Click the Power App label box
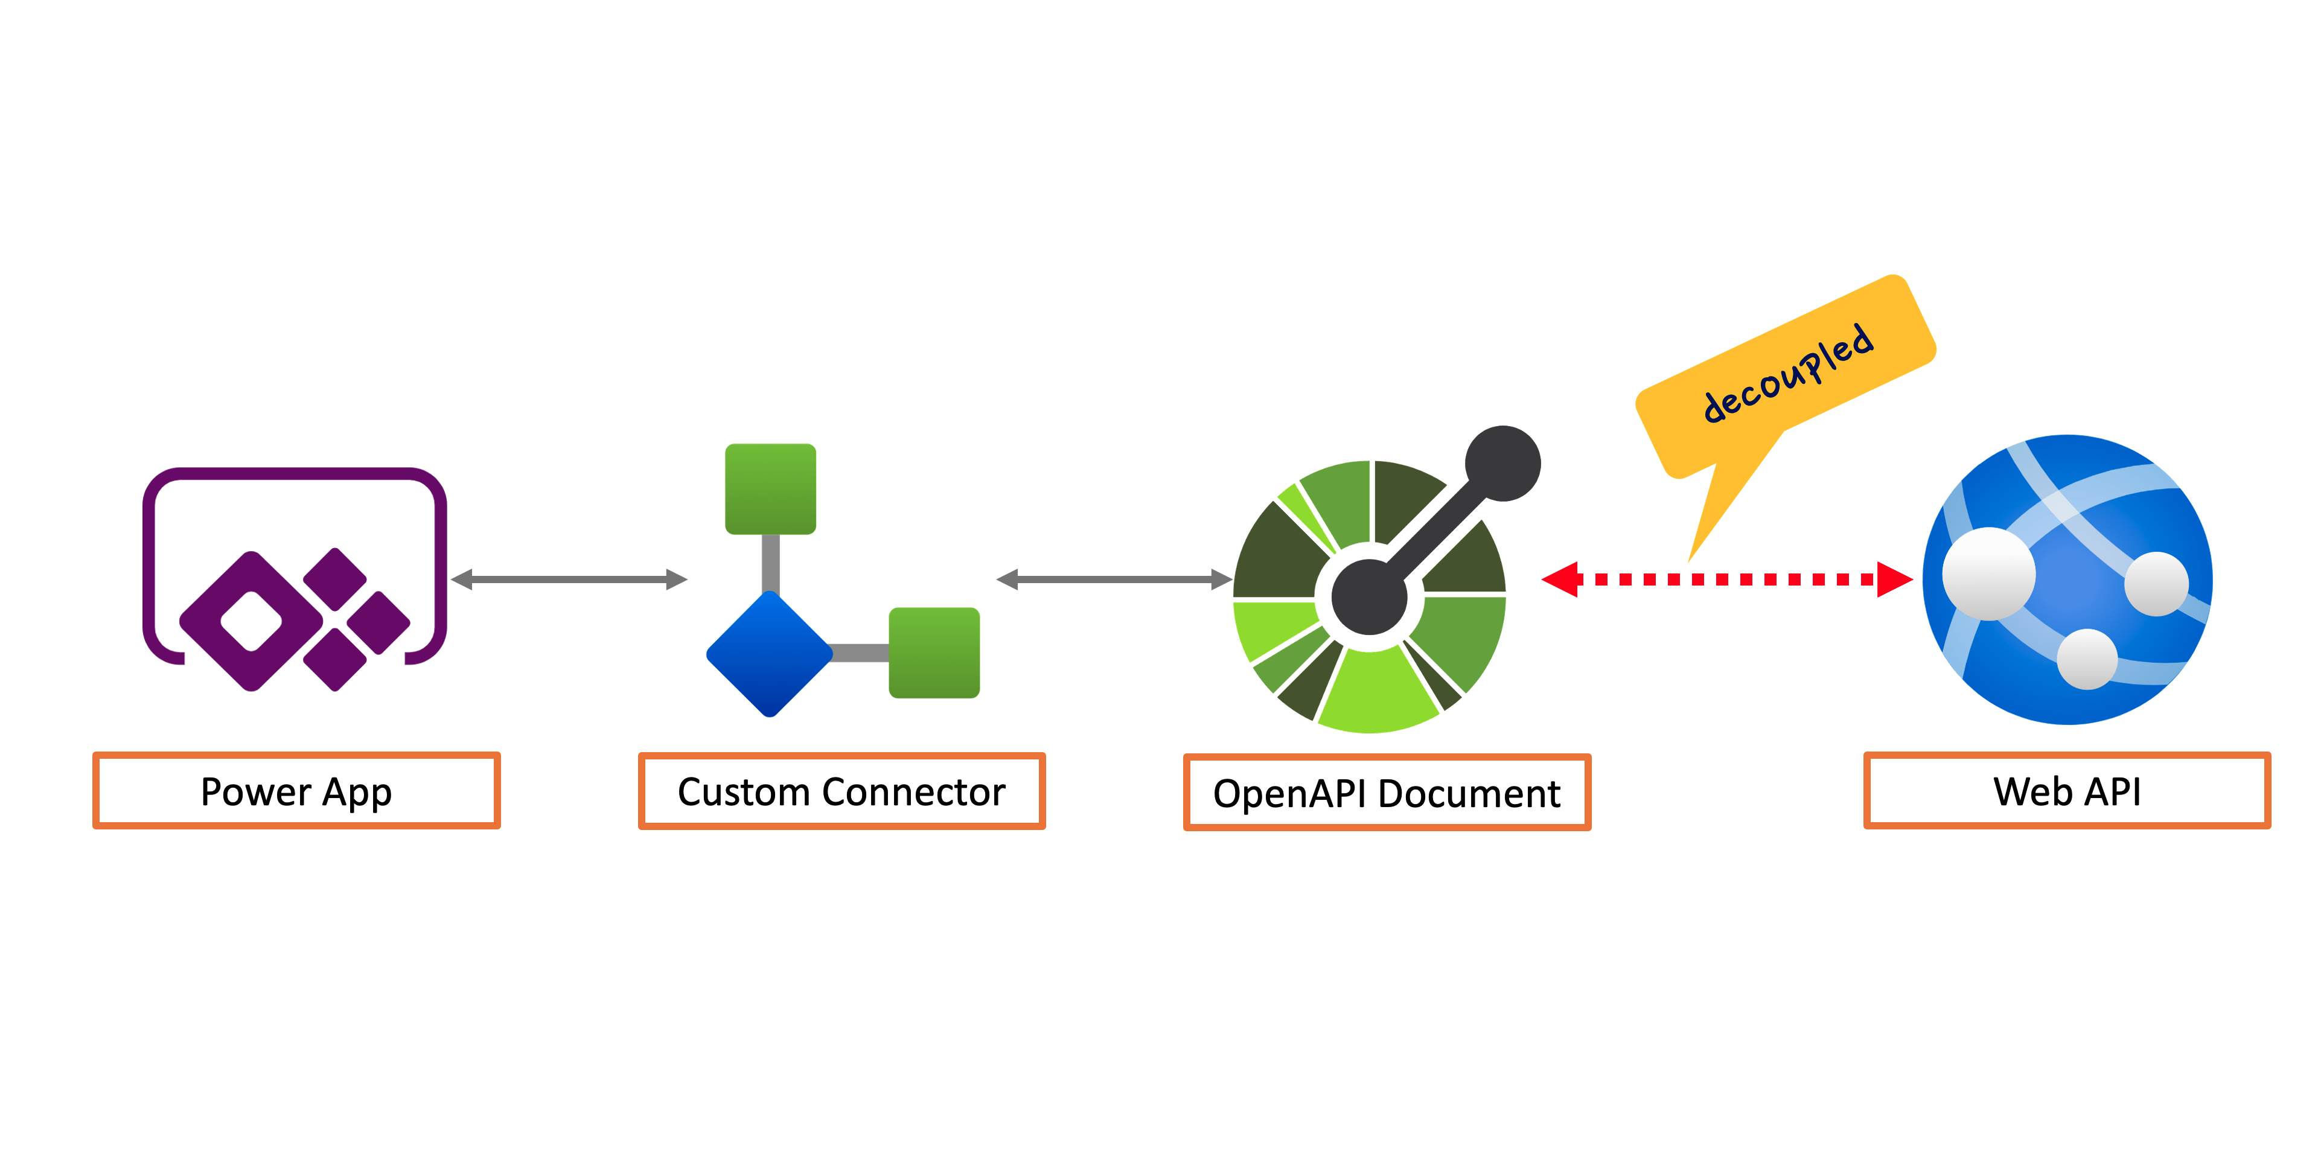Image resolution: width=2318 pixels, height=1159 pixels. (x=296, y=791)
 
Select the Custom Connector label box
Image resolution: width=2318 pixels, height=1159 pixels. (x=841, y=791)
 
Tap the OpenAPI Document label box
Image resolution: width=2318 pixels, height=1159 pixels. (x=1387, y=793)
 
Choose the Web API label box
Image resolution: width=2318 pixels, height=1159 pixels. (x=2067, y=791)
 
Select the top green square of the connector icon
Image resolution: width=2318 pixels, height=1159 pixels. (x=770, y=488)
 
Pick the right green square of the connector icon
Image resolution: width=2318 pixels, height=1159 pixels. (x=934, y=653)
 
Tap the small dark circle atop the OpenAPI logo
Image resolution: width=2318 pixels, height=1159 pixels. (x=1502, y=464)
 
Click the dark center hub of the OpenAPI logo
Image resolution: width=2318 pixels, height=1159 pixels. (x=1368, y=596)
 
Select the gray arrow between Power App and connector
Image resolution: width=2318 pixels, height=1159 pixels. (x=569, y=579)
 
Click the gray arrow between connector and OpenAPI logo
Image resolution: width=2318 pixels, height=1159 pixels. (x=1114, y=579)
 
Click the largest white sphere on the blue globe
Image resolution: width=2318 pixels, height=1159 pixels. (x=1988, y=573)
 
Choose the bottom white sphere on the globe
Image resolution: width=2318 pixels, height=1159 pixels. (x=2087, y=659)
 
